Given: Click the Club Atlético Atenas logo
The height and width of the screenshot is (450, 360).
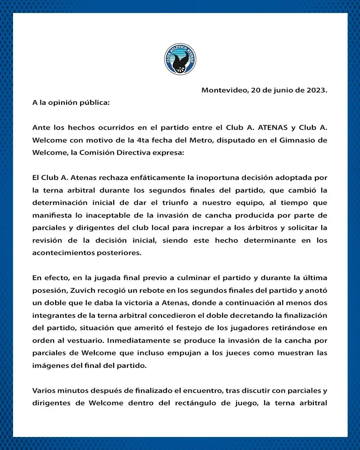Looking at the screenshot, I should coord(180,59).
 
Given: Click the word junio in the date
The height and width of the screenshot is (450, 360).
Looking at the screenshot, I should coord(282,90).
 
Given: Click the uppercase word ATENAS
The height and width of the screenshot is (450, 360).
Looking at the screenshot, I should coord(272,128).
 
